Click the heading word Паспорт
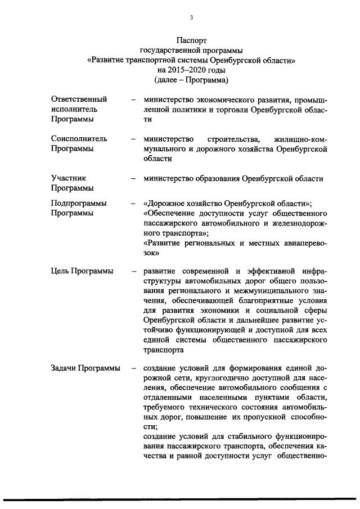[x=191, y=40]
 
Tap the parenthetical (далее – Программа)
[x=191, y=80]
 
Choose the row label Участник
[x=68, y=178]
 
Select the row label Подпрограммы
[x=79, y=203]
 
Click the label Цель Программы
[x=82, y=271]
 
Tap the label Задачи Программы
[x=85, y=368]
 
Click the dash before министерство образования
[x=133, y=179]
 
